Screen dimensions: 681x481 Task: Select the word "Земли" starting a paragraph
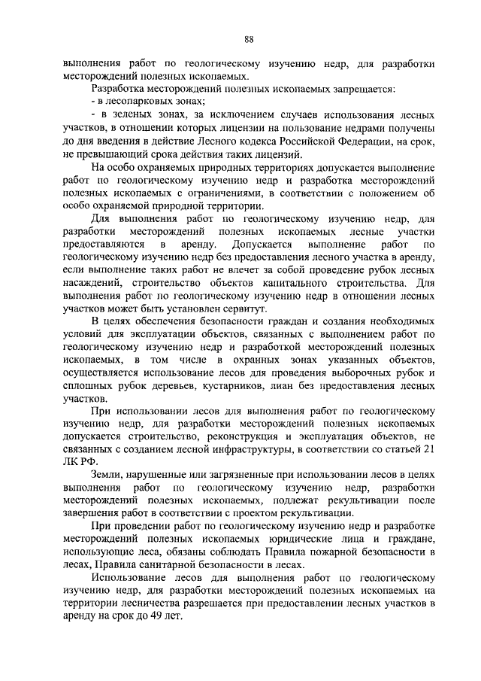(x=104, y=476)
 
